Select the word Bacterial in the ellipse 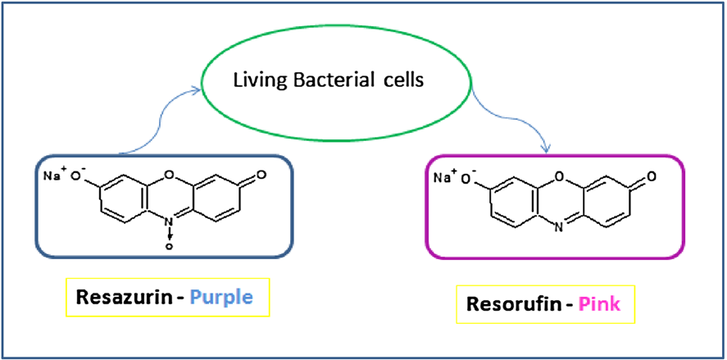tap(329, 79)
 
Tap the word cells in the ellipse tap(401, 79)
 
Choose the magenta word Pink tap(602, 304)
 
